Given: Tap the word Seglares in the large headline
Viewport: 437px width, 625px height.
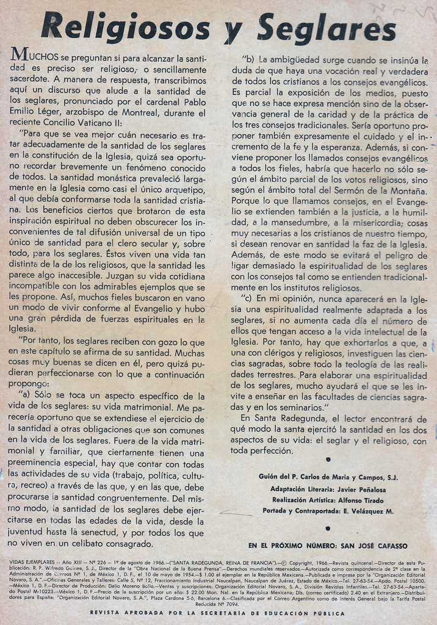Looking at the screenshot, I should click(x=327, y=27).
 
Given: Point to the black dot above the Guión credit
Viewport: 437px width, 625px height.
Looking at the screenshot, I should click(x=328, y=459).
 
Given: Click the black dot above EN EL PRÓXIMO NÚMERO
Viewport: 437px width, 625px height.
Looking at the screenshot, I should click(x=328, y=528).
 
